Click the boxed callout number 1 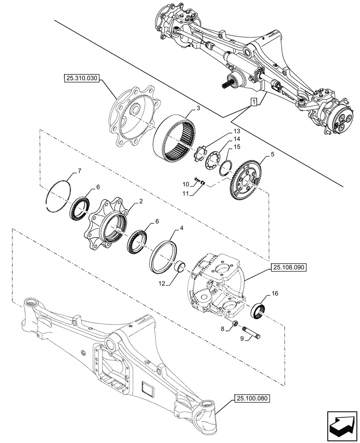pyautogui.click(x=253, y=102)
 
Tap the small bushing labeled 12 pyautogui.click(x=180, y=268)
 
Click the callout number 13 pyautogui.click(x=235, y=131)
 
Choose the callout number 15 pyautogui.click(x=236, y=147)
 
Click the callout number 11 pyautogui.click(x=186, y=194)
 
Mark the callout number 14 pyautogui.click(x=235, y=139)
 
